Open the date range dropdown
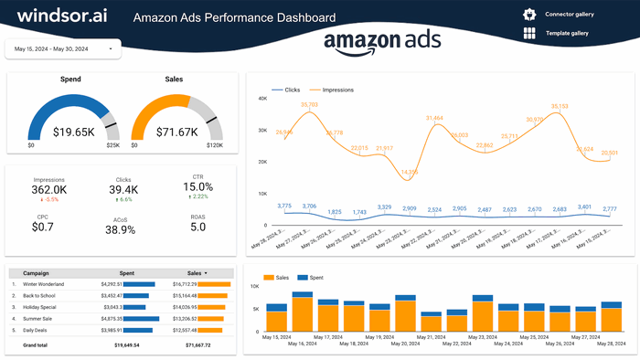coord(64,48)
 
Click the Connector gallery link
coord(569,15)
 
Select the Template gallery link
coord(568,34)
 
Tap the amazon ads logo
coord(382,42)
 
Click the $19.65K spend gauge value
coord(73,132)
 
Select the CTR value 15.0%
coord(198,187)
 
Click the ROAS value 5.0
coord(198,227)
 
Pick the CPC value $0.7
coord(42,227)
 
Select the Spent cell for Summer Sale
coord(111,318)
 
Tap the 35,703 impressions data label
coord(309,105)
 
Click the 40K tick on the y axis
coord(261,98)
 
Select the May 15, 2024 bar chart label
coord(275,336)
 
